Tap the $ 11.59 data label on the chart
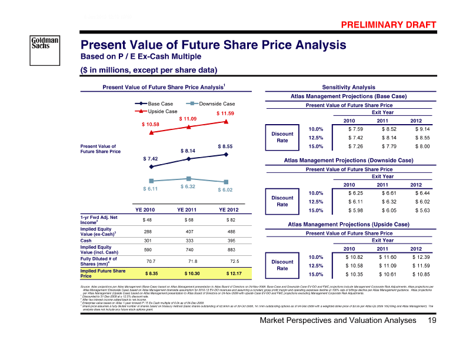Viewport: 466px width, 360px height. [225, 113]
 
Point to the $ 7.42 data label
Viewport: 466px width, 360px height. [152, 159]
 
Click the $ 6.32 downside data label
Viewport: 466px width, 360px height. [188, 186]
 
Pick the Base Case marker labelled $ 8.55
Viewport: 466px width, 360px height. [226, 155]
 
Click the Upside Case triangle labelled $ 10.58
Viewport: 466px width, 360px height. [152, 134]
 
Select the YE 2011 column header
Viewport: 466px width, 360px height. [188, 209]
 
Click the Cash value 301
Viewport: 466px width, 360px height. [152, 240]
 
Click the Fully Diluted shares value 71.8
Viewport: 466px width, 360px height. [188, 261]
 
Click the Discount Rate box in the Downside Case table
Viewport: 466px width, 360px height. [282, 201]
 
